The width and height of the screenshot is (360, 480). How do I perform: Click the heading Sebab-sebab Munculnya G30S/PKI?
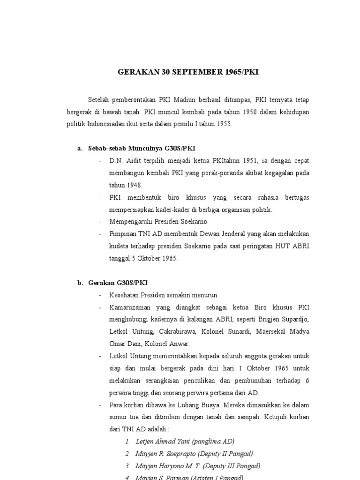(x=141, y=149)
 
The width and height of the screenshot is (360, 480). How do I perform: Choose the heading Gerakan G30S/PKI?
(x=118, y=283)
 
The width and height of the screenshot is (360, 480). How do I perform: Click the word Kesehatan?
(x=124, y=295)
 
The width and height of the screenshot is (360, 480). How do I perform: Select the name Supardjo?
(x=295, y=320)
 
